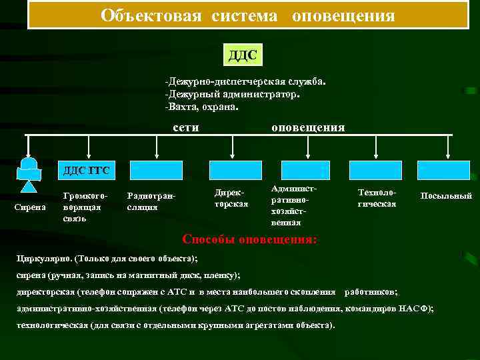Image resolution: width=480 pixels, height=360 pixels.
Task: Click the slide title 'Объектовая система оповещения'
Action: (248, 15)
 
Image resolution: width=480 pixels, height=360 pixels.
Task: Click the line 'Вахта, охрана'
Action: (202, 106)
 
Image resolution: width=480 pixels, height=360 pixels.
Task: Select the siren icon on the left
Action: (29, 173)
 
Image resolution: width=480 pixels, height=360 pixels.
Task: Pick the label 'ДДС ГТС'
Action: (86, 171)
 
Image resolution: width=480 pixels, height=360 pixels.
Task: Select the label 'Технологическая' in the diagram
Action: (376, 197)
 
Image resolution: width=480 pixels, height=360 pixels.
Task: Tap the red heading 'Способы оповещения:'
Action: (250, 239)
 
